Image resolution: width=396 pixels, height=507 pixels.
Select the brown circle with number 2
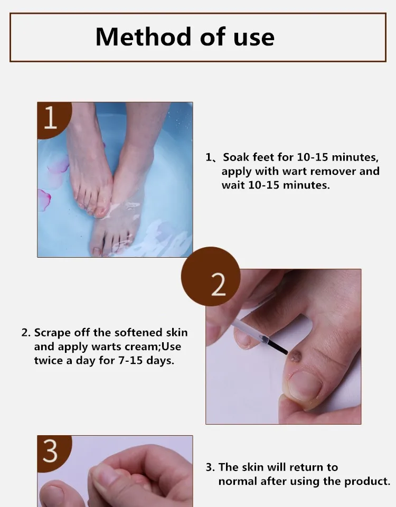pos(211,276)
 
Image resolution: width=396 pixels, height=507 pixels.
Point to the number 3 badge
pos(53,453)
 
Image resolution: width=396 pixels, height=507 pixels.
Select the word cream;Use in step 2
pos(153,346)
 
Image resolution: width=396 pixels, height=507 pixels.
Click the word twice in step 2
pos(48,361)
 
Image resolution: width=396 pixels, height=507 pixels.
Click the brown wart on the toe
pos(295,356)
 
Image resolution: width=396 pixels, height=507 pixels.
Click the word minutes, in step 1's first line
pos(355,158)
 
